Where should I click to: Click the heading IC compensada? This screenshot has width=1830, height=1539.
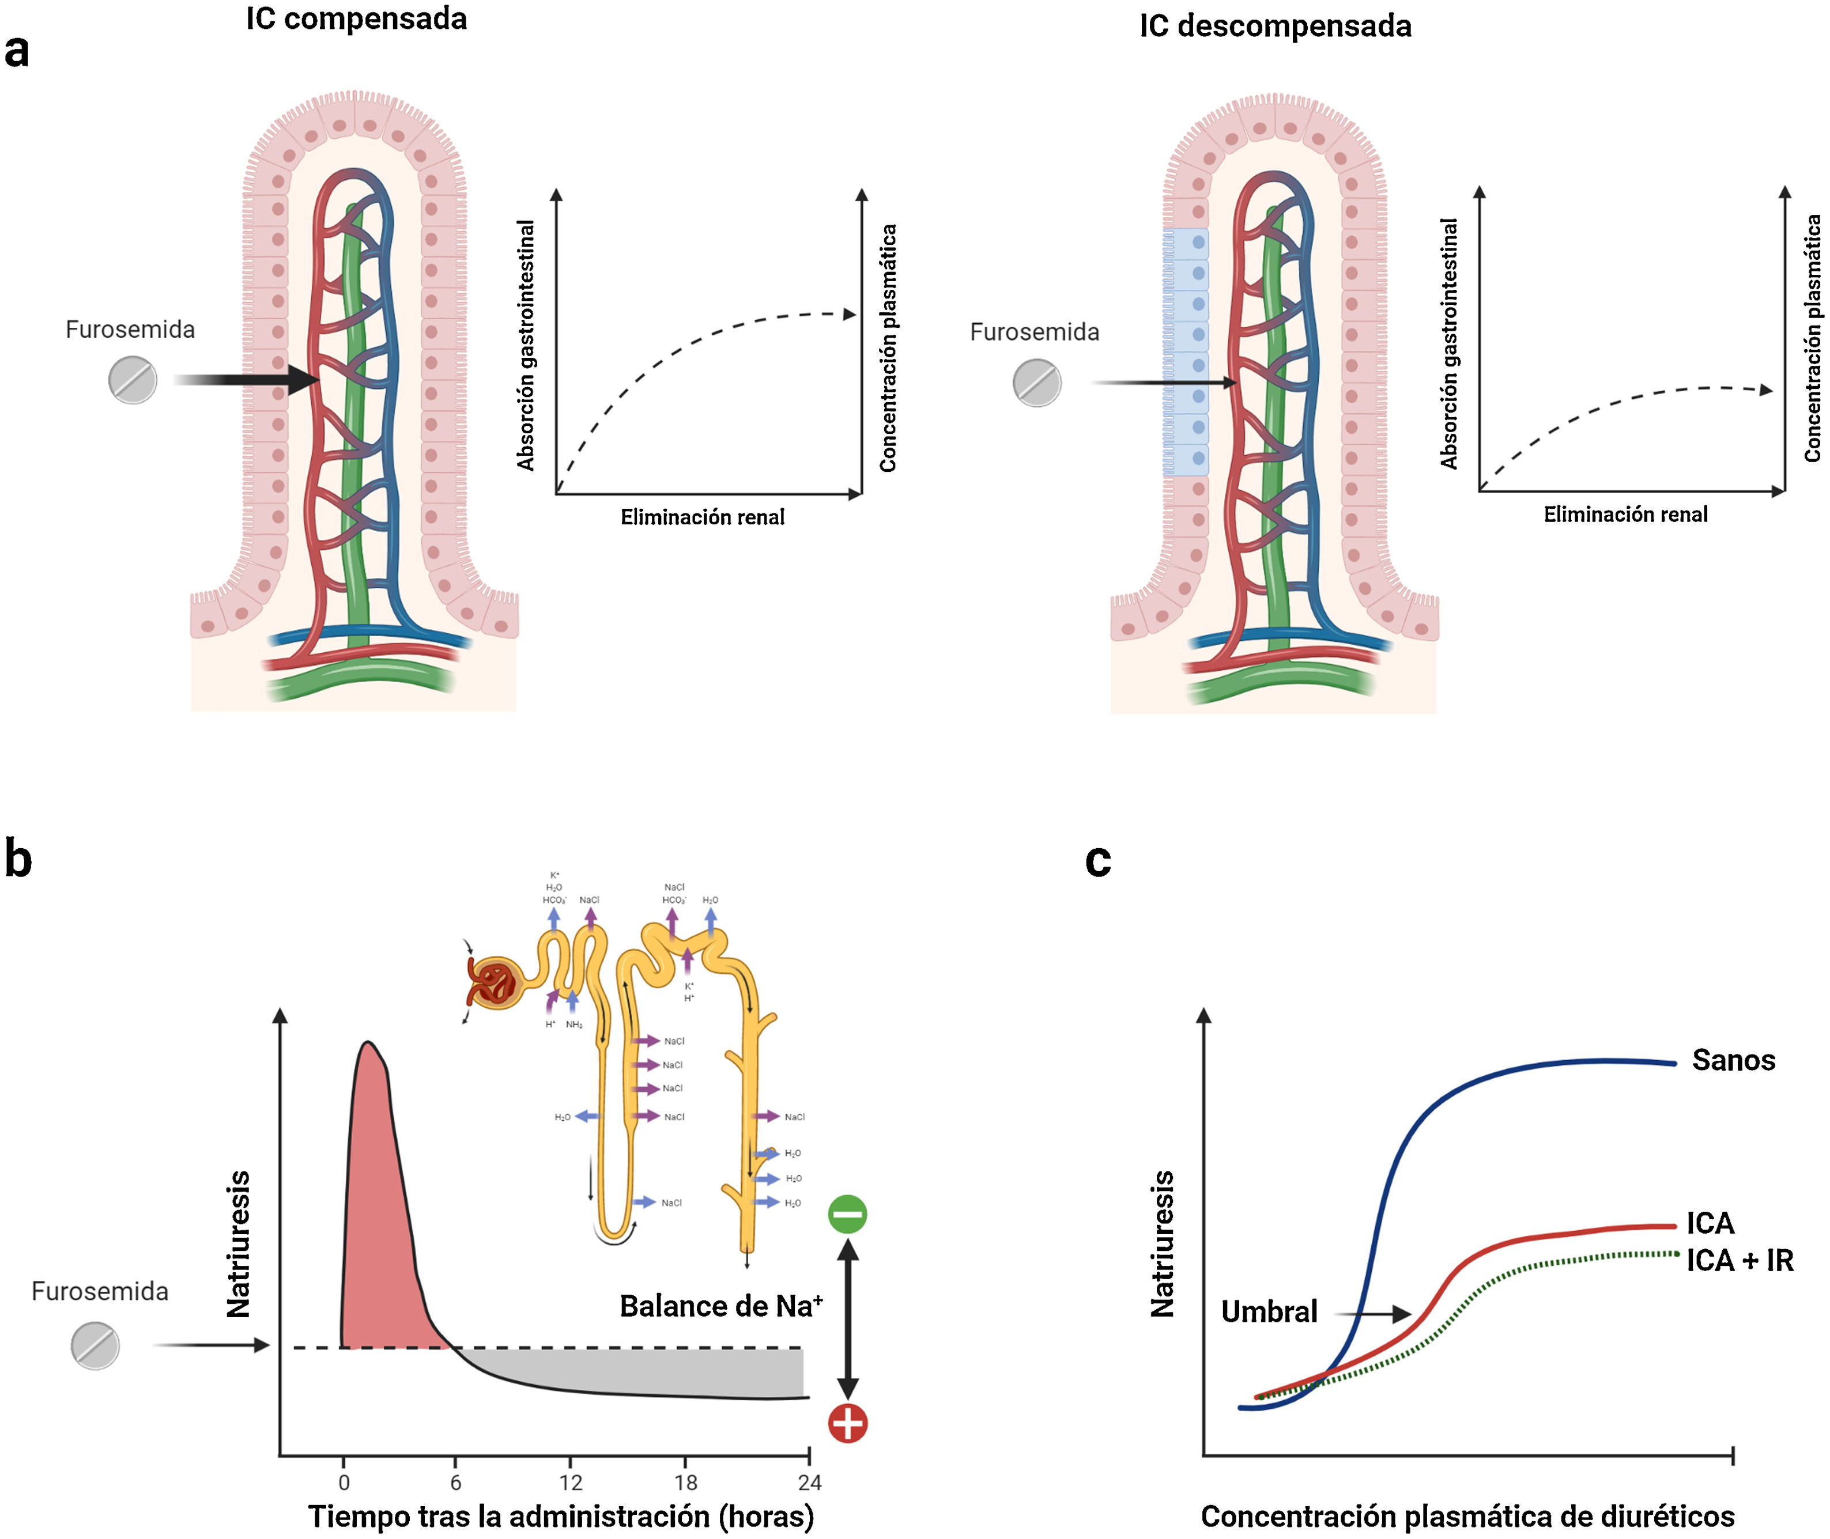coord(356,18)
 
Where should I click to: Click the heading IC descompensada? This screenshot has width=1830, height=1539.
coord(1274,26)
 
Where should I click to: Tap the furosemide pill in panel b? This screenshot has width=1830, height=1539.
coord(95,1345)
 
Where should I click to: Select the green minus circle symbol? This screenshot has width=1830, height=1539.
coord(847,1213)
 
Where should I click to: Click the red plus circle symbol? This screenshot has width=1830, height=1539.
coord(847,1423)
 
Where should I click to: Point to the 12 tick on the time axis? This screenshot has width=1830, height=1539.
coord(570,1483)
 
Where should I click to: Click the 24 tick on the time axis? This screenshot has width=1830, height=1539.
coord(809,1483)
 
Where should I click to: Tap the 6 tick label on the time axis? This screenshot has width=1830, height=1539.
coord(455,1483)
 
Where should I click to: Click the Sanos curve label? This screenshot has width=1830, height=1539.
coord(1733,1060)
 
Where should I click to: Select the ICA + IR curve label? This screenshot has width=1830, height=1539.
coord(1740,1261)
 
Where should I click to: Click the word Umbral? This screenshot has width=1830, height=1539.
coord(1269,1311)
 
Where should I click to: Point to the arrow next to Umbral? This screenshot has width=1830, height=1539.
coord(1375,1313)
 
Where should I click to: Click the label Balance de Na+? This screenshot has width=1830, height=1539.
coord(721,1306)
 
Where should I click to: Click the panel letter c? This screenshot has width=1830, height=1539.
coord(1098,860)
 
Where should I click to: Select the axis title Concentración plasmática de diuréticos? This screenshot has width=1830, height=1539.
coord(1467,1517)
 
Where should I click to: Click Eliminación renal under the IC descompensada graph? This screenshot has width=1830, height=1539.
coord(1625,515)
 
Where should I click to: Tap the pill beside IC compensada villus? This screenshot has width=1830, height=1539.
coord(133,380)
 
